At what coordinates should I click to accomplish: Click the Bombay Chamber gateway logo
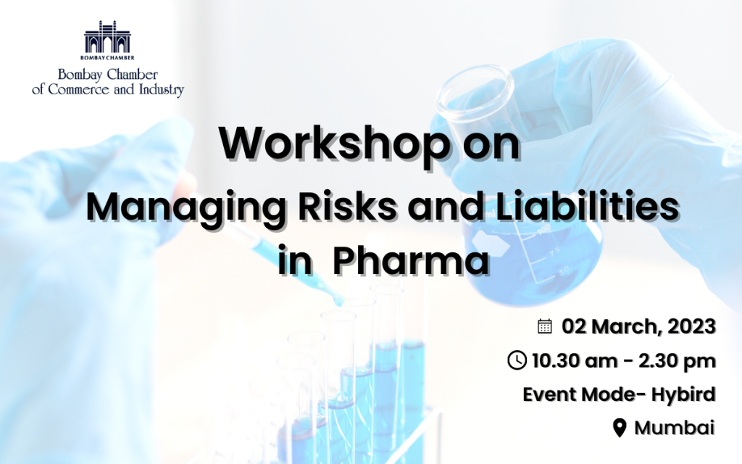click(x=107, y=41)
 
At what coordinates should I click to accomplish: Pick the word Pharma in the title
click(x=411, y=261)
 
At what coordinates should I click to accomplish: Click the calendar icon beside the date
click(x=545, y=326)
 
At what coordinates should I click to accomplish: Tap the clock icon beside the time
click(x=517, y=360)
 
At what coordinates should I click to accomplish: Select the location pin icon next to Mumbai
click(x=620, y=428)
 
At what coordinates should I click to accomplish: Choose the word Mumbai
click(x=675, y=428)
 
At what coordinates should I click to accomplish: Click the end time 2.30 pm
click(x=678, y=362)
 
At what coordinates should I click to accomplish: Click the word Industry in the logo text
click(x=161, y=89)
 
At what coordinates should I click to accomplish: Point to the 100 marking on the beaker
click(x=544, y=231)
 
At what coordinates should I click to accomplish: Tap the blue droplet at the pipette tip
click(x=338, y=301)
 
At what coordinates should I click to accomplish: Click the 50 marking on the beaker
click(x=564, y=271)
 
